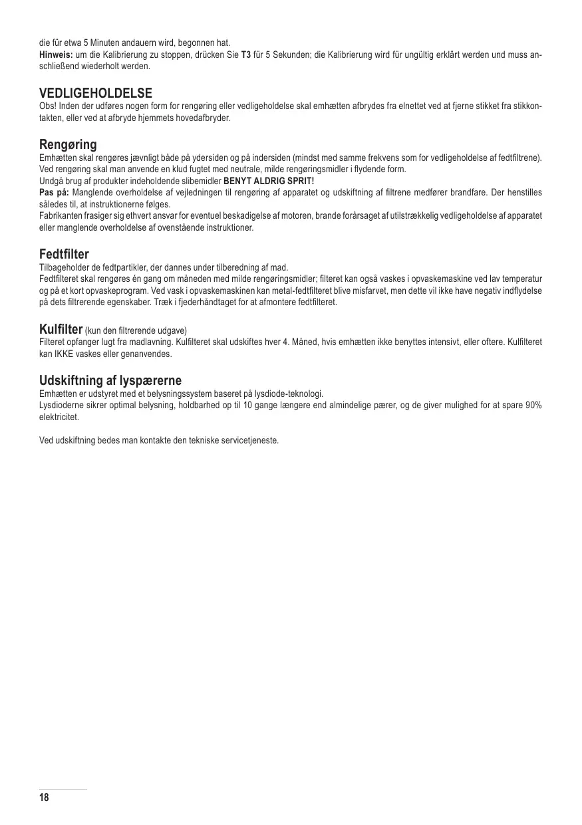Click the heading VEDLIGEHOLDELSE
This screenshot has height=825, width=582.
[96, 92]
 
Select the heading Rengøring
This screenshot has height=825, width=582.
[68, 144]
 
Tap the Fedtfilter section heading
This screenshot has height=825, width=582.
[64, 254]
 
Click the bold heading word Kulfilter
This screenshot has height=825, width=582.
[61, 329]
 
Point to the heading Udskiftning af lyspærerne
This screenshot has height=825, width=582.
[110, 381]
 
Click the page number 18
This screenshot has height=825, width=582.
[45, 798]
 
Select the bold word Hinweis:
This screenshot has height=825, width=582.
[56, 55]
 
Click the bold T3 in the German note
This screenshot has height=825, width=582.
[245, 55]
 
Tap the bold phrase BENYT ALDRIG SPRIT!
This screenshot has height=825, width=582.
[268, 181]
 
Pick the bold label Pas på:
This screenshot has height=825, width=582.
[54, 193]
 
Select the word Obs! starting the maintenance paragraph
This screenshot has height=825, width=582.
[48, 106]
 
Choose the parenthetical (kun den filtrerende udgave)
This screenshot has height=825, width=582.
[136, 330]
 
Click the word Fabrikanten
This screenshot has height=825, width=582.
[61, 216]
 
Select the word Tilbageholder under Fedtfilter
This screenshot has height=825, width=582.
[62, 267]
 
